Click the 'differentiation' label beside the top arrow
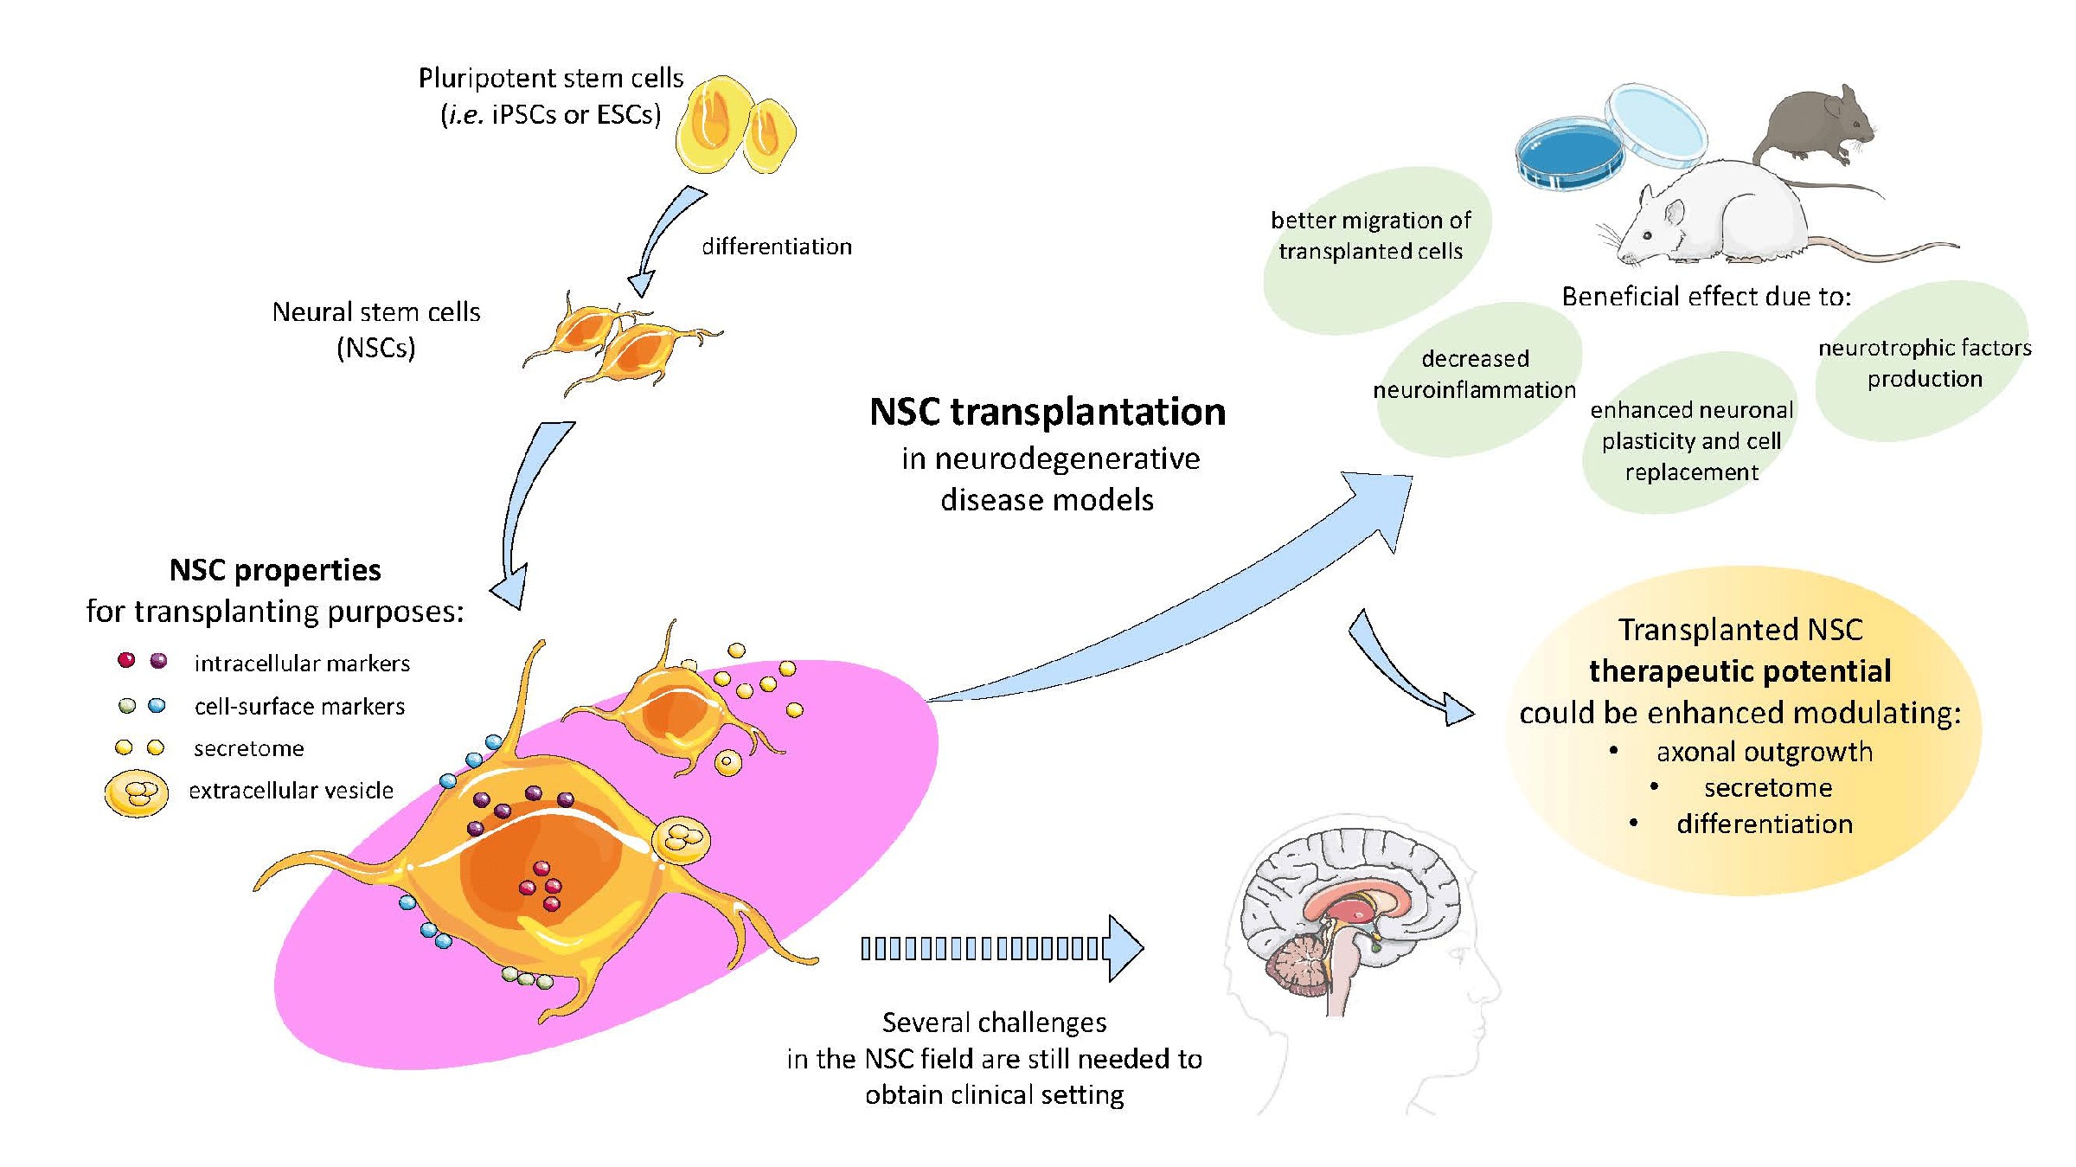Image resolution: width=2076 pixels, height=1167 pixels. pos(776,247)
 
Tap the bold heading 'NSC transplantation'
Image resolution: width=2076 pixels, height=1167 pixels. pos(1047,412)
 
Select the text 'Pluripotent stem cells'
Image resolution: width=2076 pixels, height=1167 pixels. pos(551,79)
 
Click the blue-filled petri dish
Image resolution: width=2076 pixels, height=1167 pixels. pos(1569,154)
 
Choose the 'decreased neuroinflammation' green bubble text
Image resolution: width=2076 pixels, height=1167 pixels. pos(1475,375)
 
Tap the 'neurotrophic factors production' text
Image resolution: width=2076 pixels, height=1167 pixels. pos(1924,363)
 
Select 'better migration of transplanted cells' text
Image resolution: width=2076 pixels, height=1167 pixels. pos(1370,235)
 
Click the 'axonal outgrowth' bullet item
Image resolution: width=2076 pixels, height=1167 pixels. pos(1764,752)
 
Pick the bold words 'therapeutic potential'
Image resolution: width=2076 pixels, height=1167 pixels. pos(1740,671)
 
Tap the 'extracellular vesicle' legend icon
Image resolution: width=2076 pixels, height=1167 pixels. pos(136,792)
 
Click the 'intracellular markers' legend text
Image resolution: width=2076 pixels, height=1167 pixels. pos(302,664)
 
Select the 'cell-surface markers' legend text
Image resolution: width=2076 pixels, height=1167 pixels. pos(299,707)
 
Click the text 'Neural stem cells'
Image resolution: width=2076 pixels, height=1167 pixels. pos(375,312)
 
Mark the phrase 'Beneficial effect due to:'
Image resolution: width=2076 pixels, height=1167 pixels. pos(1706,297)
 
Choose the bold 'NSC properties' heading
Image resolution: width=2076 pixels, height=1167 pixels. pos(275,570)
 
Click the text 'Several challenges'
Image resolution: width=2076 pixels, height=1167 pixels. pos(994,1023)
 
